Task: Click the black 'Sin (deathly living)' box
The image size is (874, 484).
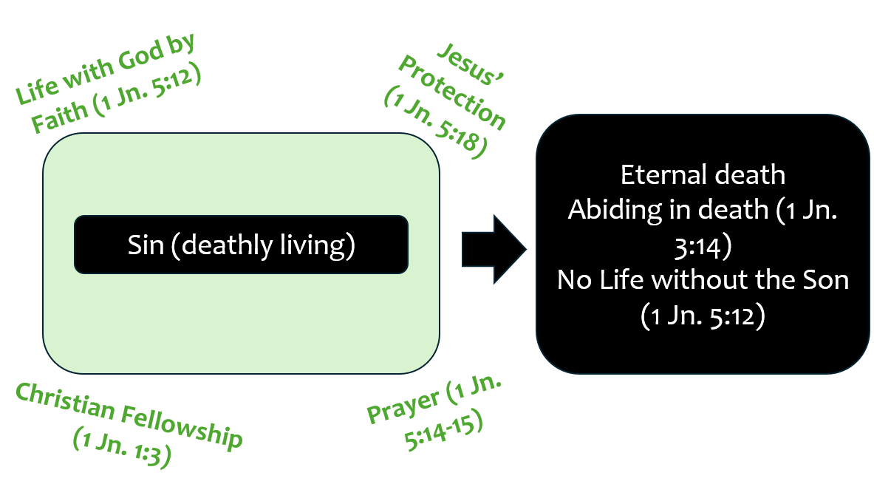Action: pyautogui.click(x=241, y=245)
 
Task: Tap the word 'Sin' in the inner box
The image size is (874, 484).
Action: pyautogui.click(x=145, y=245)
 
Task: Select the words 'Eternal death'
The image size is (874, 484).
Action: pyautogui.click(x=703, y=175)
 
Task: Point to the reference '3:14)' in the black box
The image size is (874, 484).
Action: pyautogui.click(x=703, y=246)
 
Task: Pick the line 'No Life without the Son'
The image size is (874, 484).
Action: pyautogui.click(x=703, y=281)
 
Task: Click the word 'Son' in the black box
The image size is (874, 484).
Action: pyautogui.click(x=825, y=281)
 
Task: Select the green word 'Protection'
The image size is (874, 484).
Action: pyautogui.click(x=453, y=92)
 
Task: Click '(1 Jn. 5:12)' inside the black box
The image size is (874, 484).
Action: pyautogui.click(x=703, y=316)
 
